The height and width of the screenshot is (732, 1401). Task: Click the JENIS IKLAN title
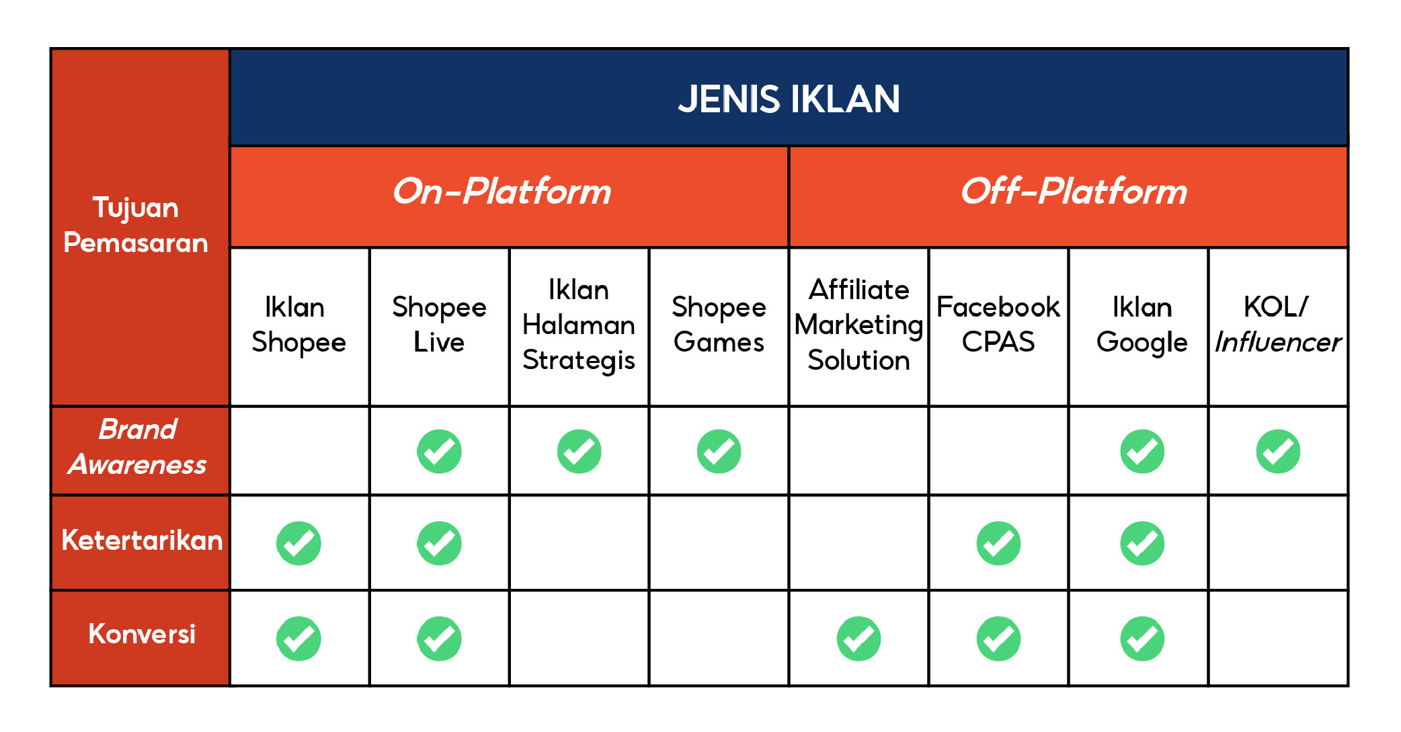[x=788, y=99]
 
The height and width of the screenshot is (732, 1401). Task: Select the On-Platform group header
[x=502, y=192]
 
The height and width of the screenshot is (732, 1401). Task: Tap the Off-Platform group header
[x=1074, y=192]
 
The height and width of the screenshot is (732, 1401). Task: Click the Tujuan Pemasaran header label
[x=136, y=225]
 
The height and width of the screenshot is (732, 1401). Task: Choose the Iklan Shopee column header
[x=298, y=325]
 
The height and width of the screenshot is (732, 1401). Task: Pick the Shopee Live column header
[x=439, y=325]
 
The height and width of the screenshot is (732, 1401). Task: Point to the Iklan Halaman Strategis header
[x=579, y=325]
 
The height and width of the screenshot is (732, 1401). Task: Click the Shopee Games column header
[x=719, y=325]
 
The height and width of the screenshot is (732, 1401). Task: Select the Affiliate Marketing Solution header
[x=858, y=325]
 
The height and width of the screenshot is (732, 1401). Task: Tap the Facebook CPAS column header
[x=998, y=325]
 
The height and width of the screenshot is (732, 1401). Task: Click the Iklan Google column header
[x=1142, y=325]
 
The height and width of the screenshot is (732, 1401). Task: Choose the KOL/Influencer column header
[x=1278, y=325]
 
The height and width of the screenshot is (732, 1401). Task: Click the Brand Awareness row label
[x=138, y=447]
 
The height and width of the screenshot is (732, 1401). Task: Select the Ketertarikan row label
[x=141, y=540]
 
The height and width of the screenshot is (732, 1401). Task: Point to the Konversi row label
[x=141, y=634]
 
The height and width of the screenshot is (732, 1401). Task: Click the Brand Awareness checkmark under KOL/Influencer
[x=1278, y=451]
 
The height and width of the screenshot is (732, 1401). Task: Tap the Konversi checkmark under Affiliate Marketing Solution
[x=858, y=639]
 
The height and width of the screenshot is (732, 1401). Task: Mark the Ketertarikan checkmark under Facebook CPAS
[x=998, y=543]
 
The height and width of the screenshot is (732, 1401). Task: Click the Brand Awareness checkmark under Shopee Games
[x=719, y=451]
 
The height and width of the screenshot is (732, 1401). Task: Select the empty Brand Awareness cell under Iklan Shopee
[x=299, y=451]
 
